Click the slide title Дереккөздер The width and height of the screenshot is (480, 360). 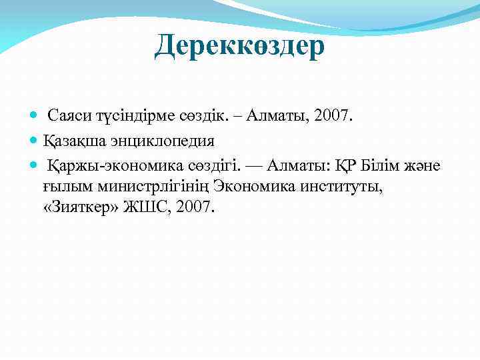point(239,46)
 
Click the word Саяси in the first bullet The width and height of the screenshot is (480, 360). point(69,117)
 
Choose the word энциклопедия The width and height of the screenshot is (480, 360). point(162,141)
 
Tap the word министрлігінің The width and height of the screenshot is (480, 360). point(156,186)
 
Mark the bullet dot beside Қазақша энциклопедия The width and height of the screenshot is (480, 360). point(35,141)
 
